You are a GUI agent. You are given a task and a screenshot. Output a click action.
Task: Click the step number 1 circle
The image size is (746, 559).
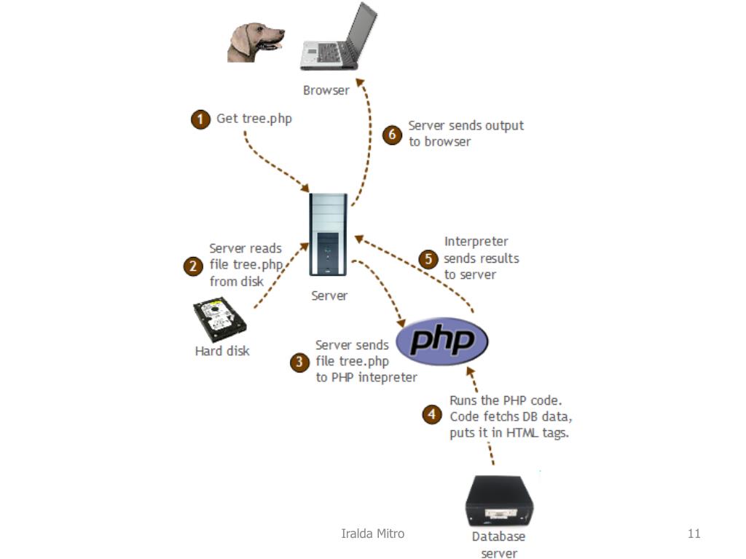coord(201,119)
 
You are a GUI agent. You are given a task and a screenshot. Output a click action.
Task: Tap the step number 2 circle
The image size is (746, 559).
coord(193,266)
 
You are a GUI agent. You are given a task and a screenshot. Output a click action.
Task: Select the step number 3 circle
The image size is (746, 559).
coord(300,362)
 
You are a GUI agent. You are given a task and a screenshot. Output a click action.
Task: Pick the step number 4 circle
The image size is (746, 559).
coord(433,414)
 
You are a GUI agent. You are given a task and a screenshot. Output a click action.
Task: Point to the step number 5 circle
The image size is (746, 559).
coord(428,258)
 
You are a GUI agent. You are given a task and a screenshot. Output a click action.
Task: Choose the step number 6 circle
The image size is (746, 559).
coord(393,135)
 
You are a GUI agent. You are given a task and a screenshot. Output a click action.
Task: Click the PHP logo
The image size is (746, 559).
coord(441,340)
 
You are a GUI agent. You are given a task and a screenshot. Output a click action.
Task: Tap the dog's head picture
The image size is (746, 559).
coord(254,42)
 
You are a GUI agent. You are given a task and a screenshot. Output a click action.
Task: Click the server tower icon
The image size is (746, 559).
coord(328,234)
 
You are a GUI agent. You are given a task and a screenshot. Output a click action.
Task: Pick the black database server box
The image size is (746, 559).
coord(500,501)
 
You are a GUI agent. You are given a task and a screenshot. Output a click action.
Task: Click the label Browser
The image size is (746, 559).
coord(326,91)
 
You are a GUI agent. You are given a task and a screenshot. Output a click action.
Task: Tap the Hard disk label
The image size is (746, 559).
coord(222,351)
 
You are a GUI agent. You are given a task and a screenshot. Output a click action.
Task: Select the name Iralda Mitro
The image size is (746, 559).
coord(373,534)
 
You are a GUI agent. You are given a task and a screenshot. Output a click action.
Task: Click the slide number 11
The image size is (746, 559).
coord(694,534)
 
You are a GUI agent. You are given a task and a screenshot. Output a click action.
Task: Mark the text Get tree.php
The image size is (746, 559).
coord(254,119)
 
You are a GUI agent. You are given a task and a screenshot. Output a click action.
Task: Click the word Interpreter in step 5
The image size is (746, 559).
coord(476,242)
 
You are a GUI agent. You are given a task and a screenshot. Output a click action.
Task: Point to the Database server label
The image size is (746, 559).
coord(499,544)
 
